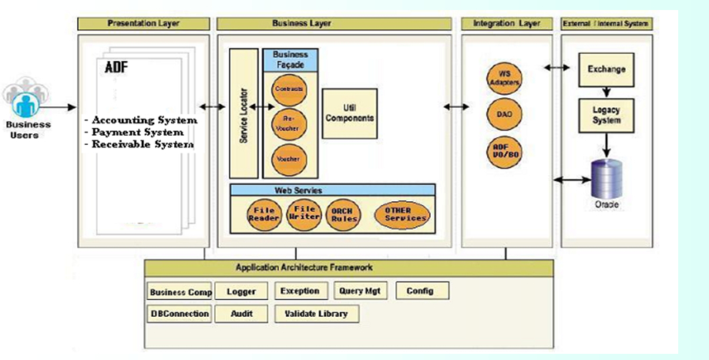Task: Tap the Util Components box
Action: point(349,113)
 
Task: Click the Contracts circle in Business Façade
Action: point(288,89)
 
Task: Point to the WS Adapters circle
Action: point(505,79)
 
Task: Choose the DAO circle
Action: point(505,114)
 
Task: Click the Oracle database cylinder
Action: point(607,179)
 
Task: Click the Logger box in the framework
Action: point(241,291)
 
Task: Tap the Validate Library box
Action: point(316,314)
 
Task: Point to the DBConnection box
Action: point(179,314)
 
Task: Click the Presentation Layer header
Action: point(143,24)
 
